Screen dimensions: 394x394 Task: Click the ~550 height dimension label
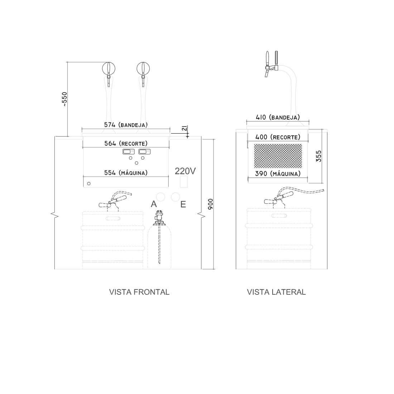(64, 99)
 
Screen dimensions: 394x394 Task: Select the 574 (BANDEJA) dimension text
(126, 125)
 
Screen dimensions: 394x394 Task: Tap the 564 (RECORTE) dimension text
(126, 143)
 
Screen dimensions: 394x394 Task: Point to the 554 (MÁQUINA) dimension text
(126, 173)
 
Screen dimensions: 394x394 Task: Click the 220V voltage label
(185, 171)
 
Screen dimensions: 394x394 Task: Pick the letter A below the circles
(154, 204)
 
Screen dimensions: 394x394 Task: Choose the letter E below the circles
(183, 204)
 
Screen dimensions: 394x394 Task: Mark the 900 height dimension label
(211, 204)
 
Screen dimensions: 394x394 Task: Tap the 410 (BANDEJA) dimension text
(278, 117)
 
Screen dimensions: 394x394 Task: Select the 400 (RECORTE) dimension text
(278, 137)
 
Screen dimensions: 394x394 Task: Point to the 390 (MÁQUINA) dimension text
(278, 174)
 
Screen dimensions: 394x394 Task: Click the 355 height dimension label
(319, 156)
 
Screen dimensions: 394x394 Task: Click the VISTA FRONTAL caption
(139, 292)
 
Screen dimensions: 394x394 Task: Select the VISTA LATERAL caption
(276, 292)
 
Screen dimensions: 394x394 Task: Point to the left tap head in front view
(109, 68)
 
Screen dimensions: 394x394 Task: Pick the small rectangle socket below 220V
(183, 182)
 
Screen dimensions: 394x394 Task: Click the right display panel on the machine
(144, 152)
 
